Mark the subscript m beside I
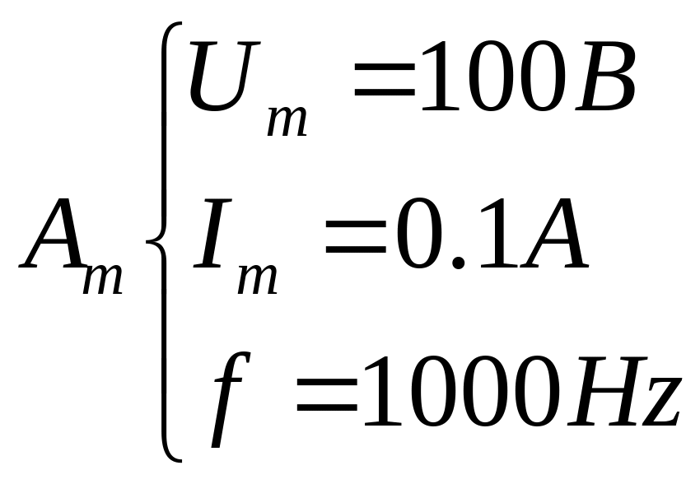pyautogui.click(x=258, y=278)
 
